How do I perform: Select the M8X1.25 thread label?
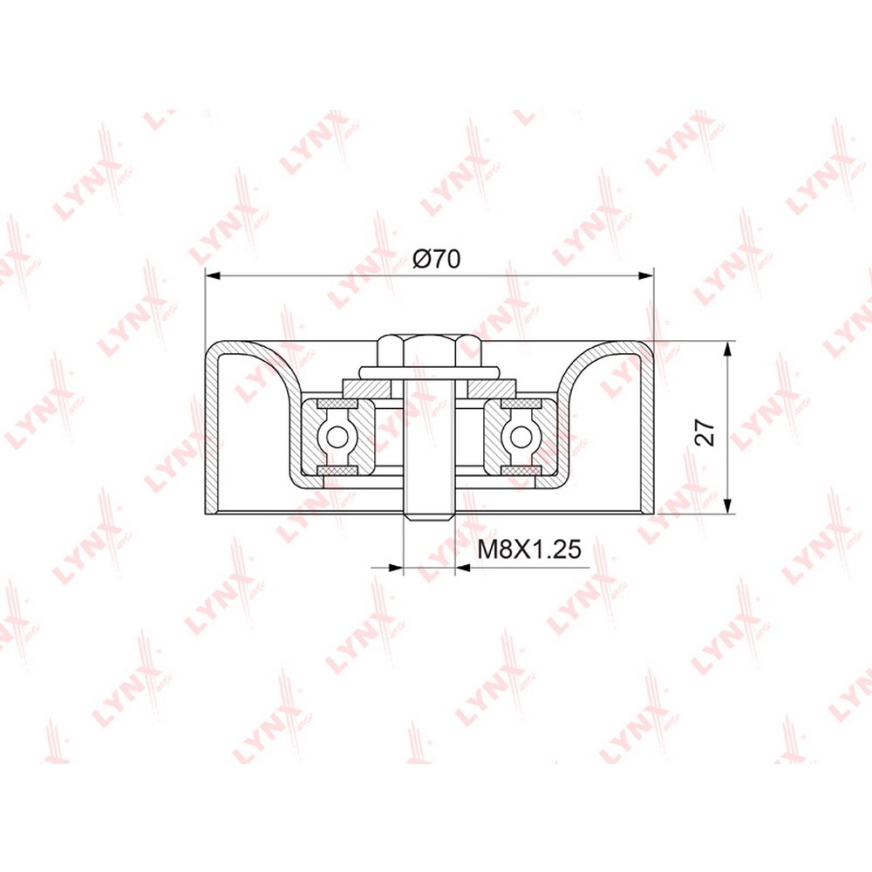pyautogui.click(x=529, y=549)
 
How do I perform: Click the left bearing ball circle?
pyautogui.click(x=337, y=437)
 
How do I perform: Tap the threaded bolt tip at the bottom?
pyautogui.click(x=429, y=515)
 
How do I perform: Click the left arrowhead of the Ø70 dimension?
pyautogui.click(x=213, y=275)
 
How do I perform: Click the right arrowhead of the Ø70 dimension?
pyautogui.click(x=645, y=275)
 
